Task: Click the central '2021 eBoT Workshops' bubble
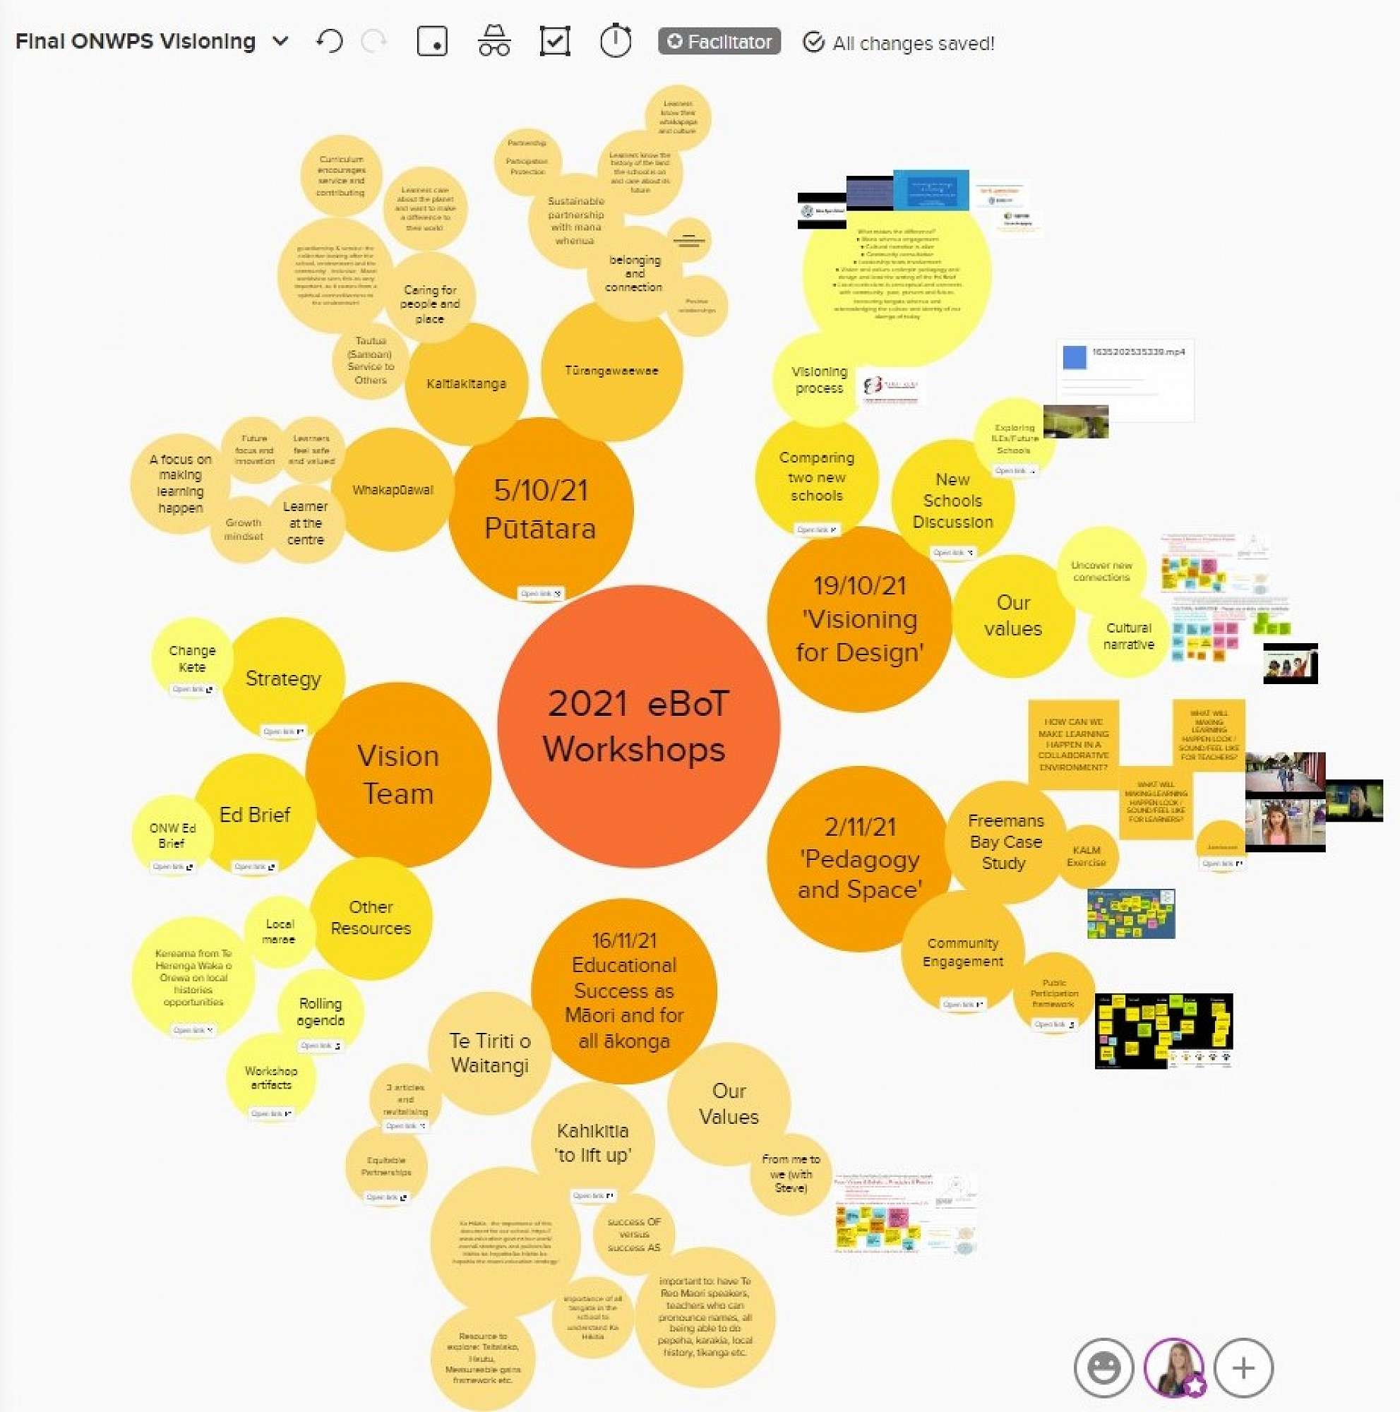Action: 638,726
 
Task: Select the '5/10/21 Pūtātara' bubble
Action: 541,508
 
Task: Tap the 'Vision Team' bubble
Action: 398,774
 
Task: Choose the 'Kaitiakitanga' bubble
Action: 466,383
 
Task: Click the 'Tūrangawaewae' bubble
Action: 611,371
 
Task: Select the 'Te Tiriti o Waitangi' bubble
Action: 489,1053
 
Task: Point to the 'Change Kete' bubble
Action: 192,659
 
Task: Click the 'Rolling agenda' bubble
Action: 320,1012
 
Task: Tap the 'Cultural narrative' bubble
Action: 1128,636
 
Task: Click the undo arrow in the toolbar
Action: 330,42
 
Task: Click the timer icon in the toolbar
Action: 615,41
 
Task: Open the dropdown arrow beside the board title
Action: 280,42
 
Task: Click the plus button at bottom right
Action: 1243,1368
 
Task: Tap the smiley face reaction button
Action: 1103,1368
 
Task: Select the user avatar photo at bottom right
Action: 1173,1368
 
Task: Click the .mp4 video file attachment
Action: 1125,379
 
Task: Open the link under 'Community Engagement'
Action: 962,1004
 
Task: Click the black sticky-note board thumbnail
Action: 1163,1031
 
